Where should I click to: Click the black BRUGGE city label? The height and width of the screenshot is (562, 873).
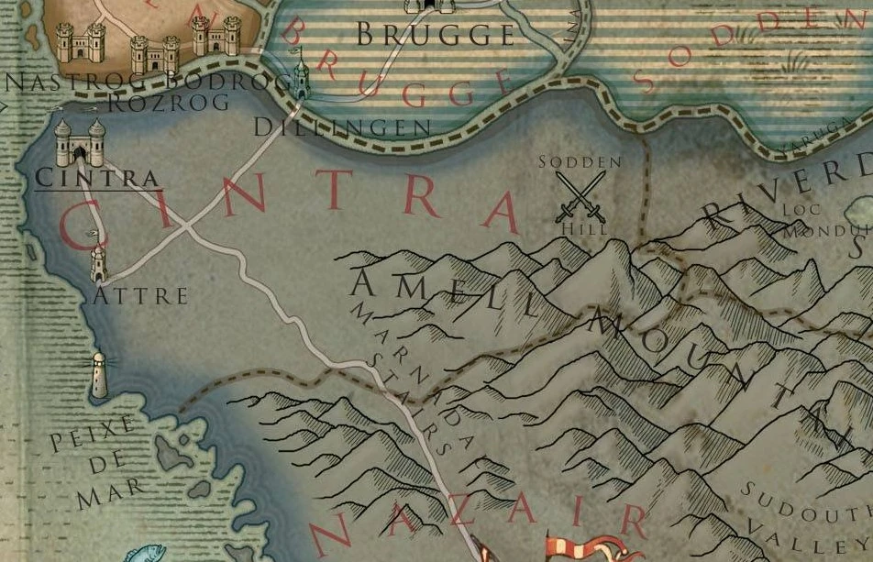435,35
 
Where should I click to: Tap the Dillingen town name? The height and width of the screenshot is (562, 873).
341,127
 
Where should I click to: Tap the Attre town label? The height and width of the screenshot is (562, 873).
140,295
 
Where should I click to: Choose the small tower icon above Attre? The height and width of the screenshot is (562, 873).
98,263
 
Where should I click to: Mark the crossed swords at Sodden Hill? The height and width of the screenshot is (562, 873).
580,197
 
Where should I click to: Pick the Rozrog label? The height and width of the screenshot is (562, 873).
169,102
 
